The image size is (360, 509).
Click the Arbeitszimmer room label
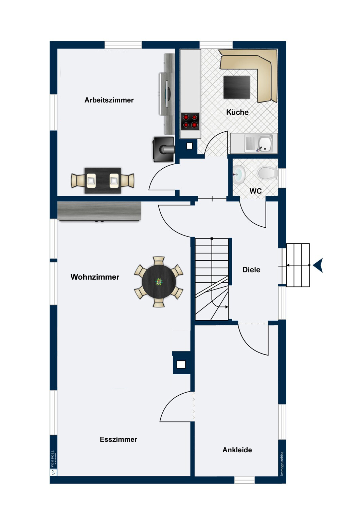[109, 100]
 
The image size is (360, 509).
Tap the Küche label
[237, 112]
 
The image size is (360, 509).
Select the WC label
[255, 191]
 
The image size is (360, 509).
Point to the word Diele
[251, 269]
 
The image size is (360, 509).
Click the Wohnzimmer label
[95, 277]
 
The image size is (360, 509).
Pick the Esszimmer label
[118, 439]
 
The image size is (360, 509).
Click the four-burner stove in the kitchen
[190, 121]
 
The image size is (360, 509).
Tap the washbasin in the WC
[238, 174]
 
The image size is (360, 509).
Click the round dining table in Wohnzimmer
[159, 282]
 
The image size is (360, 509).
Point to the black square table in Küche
[236, 87]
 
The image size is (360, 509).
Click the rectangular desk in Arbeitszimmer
[103, 181]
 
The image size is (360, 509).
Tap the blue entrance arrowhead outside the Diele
[318, 265]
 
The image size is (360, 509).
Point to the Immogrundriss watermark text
[282, 464]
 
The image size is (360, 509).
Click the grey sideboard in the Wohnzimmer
[99, 211]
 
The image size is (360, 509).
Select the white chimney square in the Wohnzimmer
[181, 364]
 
